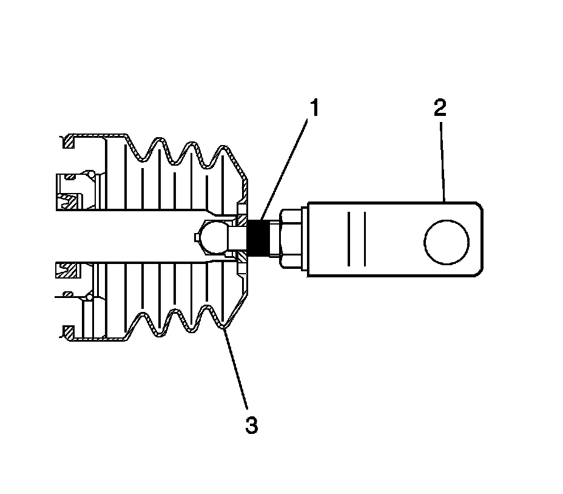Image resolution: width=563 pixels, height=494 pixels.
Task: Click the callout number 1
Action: click(x=313, y=109)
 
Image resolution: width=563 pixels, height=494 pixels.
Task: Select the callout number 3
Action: click(x=251, y=425)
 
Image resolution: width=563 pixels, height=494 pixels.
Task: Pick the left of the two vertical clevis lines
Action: click(x=349, y=239)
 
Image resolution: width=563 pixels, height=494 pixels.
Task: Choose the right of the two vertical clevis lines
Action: click(x=365, y=239)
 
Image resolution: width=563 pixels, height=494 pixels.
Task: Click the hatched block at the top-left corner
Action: click(x=69, y=143)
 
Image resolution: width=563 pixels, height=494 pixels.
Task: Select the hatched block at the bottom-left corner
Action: click(x=69, y=332)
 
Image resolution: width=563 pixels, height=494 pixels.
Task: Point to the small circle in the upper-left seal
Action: click(x=90, y=175)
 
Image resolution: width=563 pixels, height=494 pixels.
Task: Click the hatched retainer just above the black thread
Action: click(x=242, y=213)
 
